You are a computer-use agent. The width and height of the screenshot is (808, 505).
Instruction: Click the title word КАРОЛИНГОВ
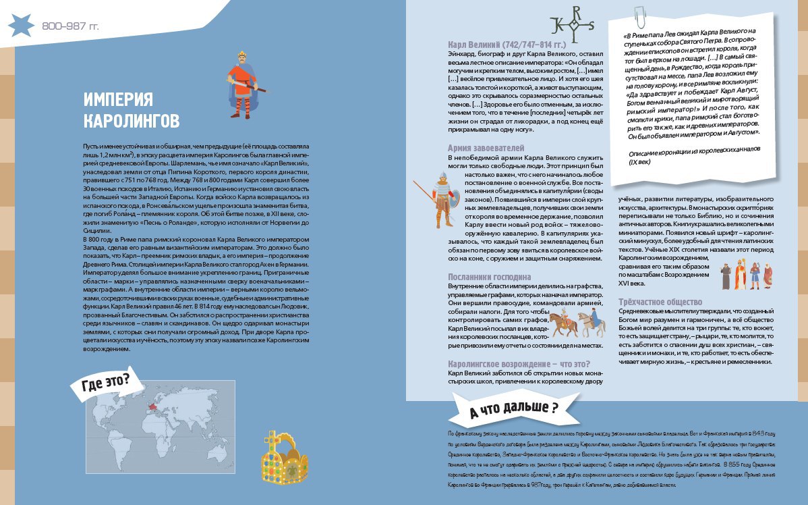pos(132,121)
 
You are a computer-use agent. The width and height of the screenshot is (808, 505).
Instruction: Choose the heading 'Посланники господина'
pos(490,277)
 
